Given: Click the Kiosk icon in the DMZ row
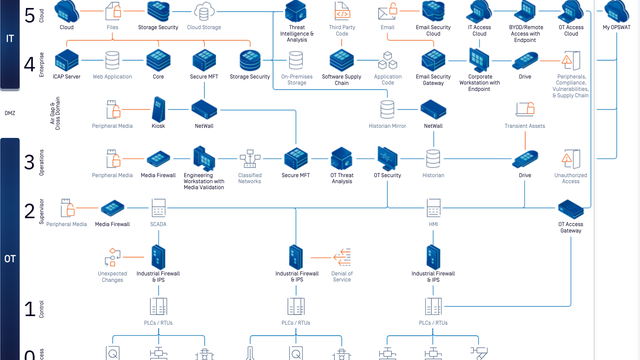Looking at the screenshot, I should point(158,108).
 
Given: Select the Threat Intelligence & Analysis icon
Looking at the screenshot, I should point(296,13).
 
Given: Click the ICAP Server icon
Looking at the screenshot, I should point(67,59).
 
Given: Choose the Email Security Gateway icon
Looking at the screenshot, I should point(433,59).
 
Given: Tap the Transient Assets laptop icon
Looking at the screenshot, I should point(525,109).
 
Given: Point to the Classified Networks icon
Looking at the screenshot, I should point(249,158).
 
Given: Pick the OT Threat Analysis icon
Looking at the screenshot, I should point(342,158).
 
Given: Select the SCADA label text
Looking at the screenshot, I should point(158,225).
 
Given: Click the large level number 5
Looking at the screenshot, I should point(29,14).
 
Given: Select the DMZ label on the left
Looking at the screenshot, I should point(10,114).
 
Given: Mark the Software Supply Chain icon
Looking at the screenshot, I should point(342,59).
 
